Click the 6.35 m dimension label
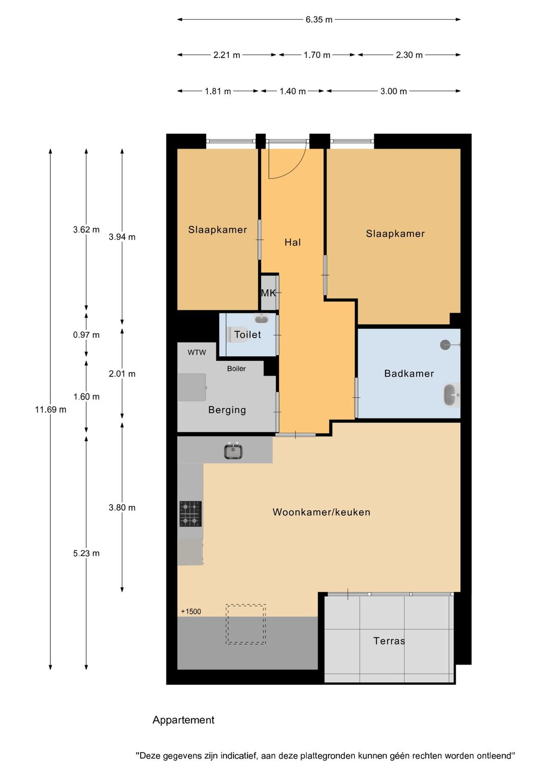(x=319, y=20)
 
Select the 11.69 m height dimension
(x=50, y=410)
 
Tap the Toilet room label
(x=248, y=335)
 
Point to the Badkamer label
(x=409, y=373)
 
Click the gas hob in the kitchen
(x=190, y=514)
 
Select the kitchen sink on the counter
(x=233, y=451)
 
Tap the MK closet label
(x=268, y=293)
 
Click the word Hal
(x=292, y=243)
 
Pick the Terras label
(x=389, y=641)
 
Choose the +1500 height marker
(x=191, y=612)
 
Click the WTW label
(x=197, y=352)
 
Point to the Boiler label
(x=236, y=368)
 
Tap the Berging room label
(x=227, y=410)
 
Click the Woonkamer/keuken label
(x=321, y=512)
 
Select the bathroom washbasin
(x=450, y=395)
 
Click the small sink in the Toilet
(x=261, y=319)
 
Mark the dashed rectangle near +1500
(x=246, y=624)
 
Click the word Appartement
(x=183, y=720)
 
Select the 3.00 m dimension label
(x=394, y=92)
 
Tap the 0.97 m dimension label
(x=86, y=335)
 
